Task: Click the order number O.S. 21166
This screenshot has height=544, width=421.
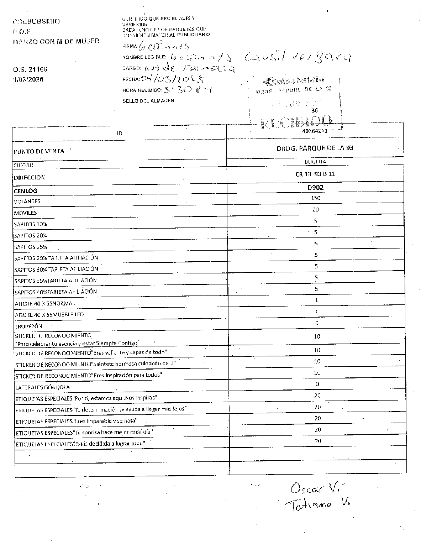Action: click(x=30, y=69)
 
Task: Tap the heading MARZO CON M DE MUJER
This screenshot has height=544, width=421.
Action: click(x=56, y=41)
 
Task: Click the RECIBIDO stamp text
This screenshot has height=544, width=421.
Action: click(x=297, y=122)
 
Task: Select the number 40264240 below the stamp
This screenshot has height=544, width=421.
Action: click(x=315, y=131)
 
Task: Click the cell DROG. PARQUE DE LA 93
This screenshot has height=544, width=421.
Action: click(x=315, y=148)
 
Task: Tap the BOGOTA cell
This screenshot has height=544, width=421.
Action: click(x=315, y=162)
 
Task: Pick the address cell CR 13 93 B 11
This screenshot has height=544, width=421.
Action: click(x=315, y=174)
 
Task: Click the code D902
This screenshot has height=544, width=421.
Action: click(x=315, y=188)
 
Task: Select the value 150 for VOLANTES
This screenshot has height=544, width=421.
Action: click(x=315, y=198)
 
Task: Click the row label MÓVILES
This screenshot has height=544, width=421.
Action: click(x=25, y=213)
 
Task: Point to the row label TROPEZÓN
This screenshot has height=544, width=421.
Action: click(x=28, y=326)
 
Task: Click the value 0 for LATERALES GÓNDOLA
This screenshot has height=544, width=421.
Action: click(x=317, y=384)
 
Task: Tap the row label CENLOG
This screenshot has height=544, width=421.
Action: click(x=26, y=191)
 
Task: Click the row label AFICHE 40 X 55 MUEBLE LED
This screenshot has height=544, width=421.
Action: click(x=49, y=315)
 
